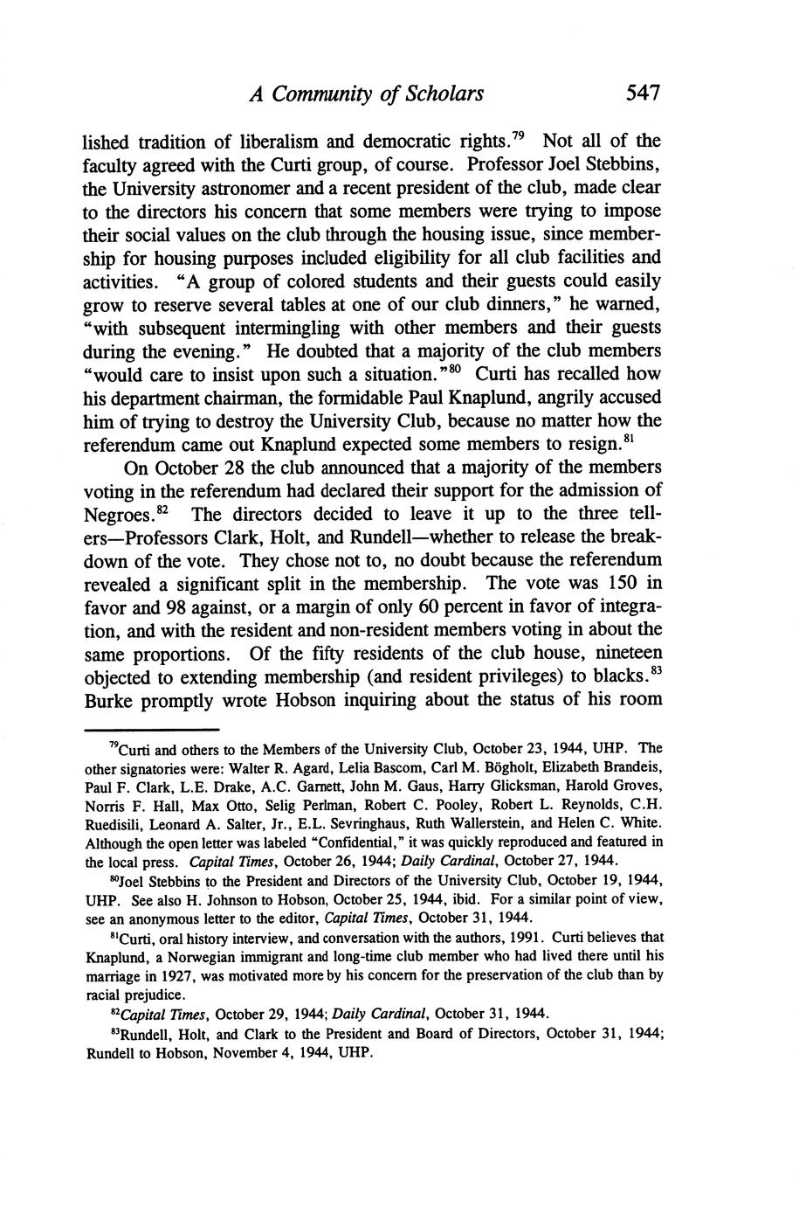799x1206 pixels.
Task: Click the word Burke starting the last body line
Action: click(107, 700)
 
